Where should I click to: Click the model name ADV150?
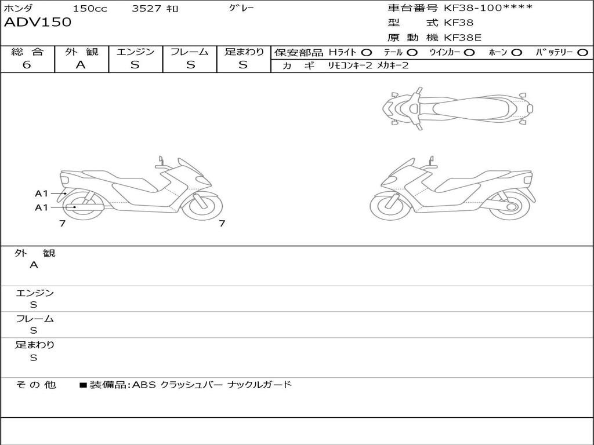point(38,22)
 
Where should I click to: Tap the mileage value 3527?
point(147,8)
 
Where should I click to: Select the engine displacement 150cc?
point(90,8)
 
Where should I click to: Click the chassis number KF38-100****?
point(488,8)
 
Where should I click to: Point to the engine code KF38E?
point(462,38)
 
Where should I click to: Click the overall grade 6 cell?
point(27,64)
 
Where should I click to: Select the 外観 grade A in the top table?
point(81,65)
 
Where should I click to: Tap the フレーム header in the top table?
point(190,52)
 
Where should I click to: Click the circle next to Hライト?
point(366,53)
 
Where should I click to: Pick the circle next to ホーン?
point(516,53)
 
